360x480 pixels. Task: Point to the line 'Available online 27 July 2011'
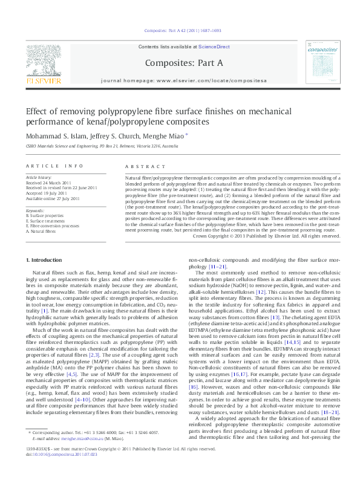(57, 198)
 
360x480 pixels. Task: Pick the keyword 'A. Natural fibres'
(44, 231)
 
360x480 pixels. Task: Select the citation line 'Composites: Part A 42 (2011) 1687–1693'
(180, 30)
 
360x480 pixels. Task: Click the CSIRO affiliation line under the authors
(102, 146)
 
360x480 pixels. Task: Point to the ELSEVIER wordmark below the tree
(42, 79)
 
